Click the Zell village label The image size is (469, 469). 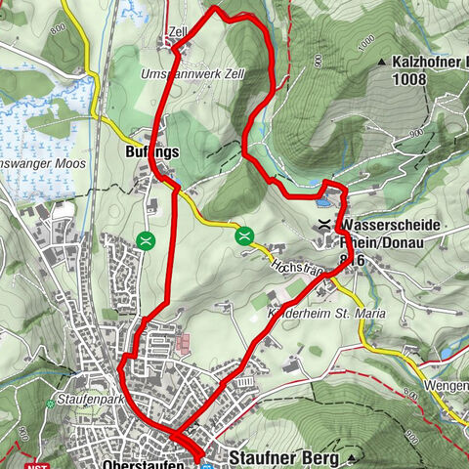point(178,31)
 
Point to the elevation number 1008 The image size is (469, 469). point(408,79)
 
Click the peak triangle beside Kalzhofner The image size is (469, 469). point(381,61)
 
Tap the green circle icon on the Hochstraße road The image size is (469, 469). point(243,234)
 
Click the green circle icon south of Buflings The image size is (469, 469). point(147,238)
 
